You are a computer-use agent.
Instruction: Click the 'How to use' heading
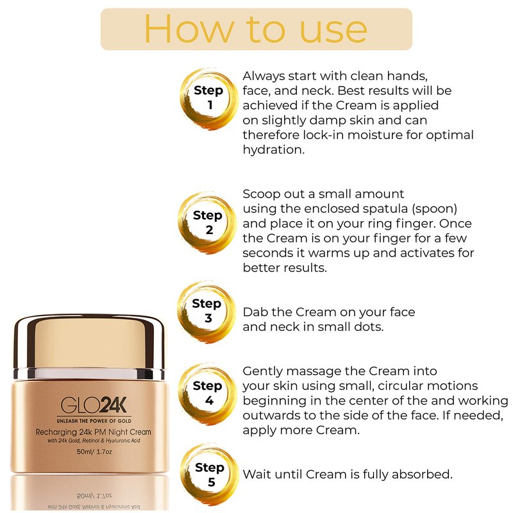[x=256, y=29]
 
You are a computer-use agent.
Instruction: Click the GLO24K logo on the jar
[x=94, y=405]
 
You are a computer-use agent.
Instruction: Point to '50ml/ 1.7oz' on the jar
[x=94, y=451]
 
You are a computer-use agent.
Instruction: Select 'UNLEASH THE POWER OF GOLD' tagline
[x=94, y=421]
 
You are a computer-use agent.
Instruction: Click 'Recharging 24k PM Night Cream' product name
[x=94, y=432]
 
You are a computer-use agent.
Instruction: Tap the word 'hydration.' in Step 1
[x=274, y=150]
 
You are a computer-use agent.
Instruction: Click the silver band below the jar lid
[x=89, y=374]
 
